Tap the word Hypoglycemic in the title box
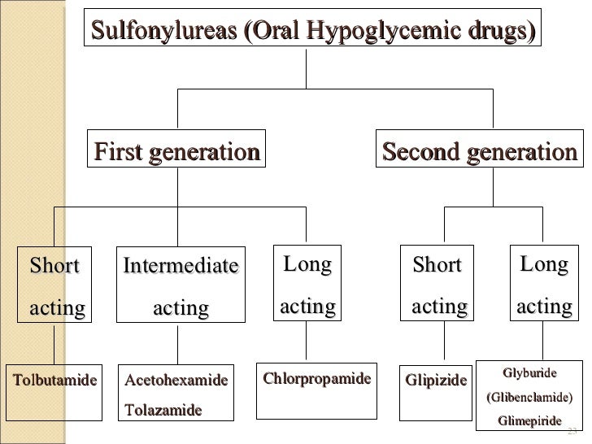[371, 32]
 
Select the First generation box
[177, 152]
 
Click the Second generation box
[479, 152]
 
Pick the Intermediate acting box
[181, 287]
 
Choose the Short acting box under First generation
[55, 287]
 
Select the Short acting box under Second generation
[438, 287]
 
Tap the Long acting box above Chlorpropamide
[307, 285]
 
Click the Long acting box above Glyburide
[544, 285]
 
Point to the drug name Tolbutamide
[54, 380]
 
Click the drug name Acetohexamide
[176, 380]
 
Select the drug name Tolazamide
[163, 410]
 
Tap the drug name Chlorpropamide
[316, 379]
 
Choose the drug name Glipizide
[436, 380]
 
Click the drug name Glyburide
[529, 373]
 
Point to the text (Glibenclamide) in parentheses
[529, 398]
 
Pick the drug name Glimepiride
[529, 420]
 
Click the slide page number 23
[571, 431]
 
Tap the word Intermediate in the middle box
[181, 266]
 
